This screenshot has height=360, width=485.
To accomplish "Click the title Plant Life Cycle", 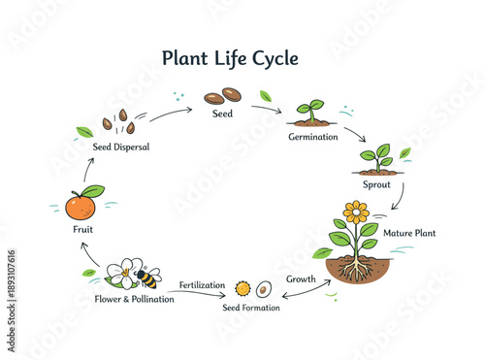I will pyautogui.click(x=230, y=58).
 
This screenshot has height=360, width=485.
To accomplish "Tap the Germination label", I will pyautogui.click(x=312, y=137).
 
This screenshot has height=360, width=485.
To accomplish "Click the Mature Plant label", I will pyautogui.click(x=409, y=233).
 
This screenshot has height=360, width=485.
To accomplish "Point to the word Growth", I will pyautogui.click(x=301, y=279).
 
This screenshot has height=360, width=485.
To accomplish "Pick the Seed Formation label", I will pyautogui.click(x=250, y=308).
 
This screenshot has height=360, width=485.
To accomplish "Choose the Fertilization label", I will pyautogui.click(x=202, y=285).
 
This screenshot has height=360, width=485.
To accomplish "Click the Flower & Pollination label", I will pyautogui.click(x=135, y=299).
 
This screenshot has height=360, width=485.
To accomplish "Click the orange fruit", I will pyautogui.click(x=81, y=206).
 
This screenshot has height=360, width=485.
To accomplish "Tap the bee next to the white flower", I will pyautogui.click(x=145, y=278).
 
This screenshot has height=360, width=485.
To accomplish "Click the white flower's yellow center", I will pyautogui.click(x=124, y=273).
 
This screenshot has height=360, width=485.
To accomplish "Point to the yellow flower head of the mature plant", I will pyautogui.click(x=356, y=212).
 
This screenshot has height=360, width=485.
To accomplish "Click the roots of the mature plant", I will pyautogui.click(x=356, y=269).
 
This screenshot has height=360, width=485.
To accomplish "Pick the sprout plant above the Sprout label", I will pyautogui.click(x=376, y=158).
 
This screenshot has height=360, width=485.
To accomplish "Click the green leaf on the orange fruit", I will pyautogui.click(x=92, y=191).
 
